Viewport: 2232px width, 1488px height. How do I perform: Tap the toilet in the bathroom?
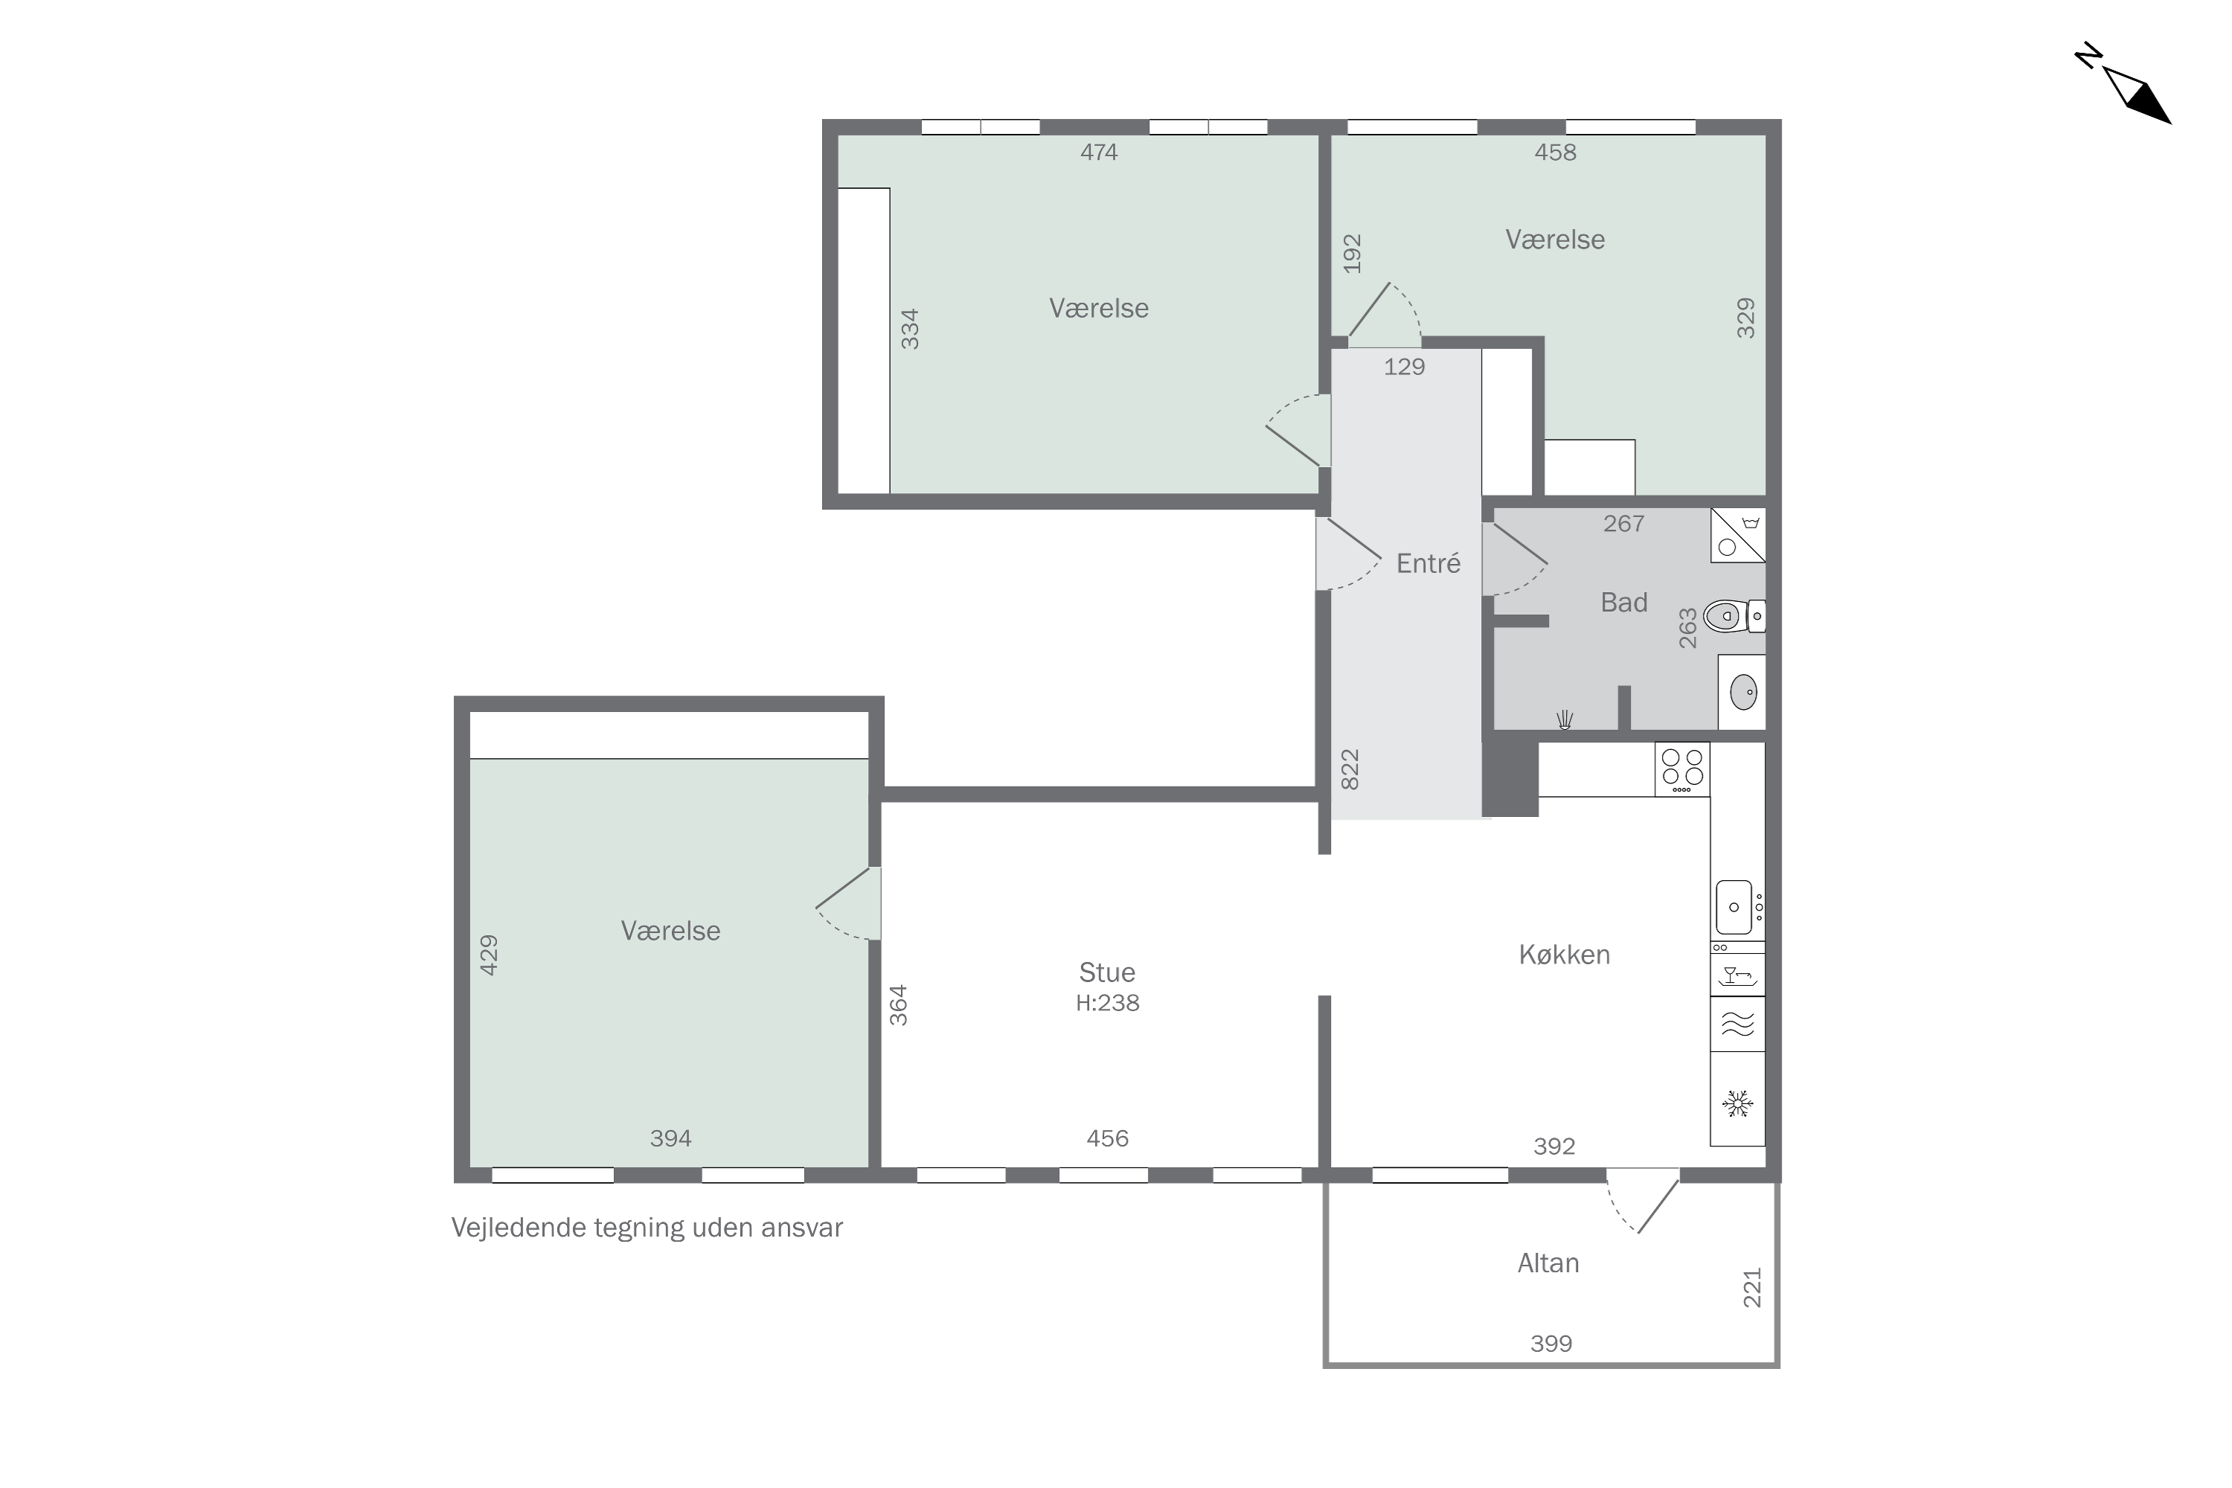pos(1734,616)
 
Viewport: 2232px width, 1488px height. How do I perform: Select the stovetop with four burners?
pos(1681,769)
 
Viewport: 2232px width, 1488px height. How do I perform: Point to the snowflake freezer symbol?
pos(1737,1103)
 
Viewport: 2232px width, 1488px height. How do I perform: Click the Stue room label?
pos(1106,972)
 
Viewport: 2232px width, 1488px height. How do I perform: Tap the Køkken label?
pos(1564,955)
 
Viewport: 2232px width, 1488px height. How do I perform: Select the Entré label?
pos(1428,564)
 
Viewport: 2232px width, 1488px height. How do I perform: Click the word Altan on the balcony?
pos(1548,1263)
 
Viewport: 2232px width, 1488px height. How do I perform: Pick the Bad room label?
pos(1623,603)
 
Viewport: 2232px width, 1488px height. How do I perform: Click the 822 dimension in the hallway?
pos(1350,769)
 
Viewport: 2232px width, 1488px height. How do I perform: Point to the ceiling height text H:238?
pos(1108,1003)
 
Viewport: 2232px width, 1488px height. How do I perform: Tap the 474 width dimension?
pos(1099,152)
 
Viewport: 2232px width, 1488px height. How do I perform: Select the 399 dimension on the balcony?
pos(1550,1344)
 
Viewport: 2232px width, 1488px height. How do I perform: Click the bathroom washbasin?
pos(1742,692)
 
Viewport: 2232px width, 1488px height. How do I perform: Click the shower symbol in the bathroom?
pos(1565,720)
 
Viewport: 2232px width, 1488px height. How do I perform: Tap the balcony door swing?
pos(1643,1201)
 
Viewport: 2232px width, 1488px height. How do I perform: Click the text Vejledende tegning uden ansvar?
pos(647,1228)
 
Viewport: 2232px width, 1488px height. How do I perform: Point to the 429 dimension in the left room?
pos(489,955)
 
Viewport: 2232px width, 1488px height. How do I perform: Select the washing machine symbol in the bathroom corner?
pos(1737,535)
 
